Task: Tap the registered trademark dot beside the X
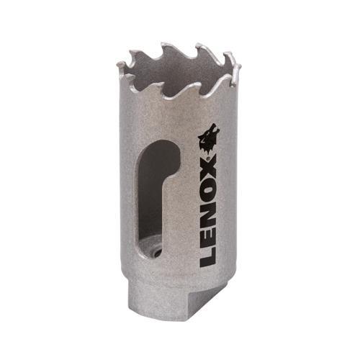click(208, 158)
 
